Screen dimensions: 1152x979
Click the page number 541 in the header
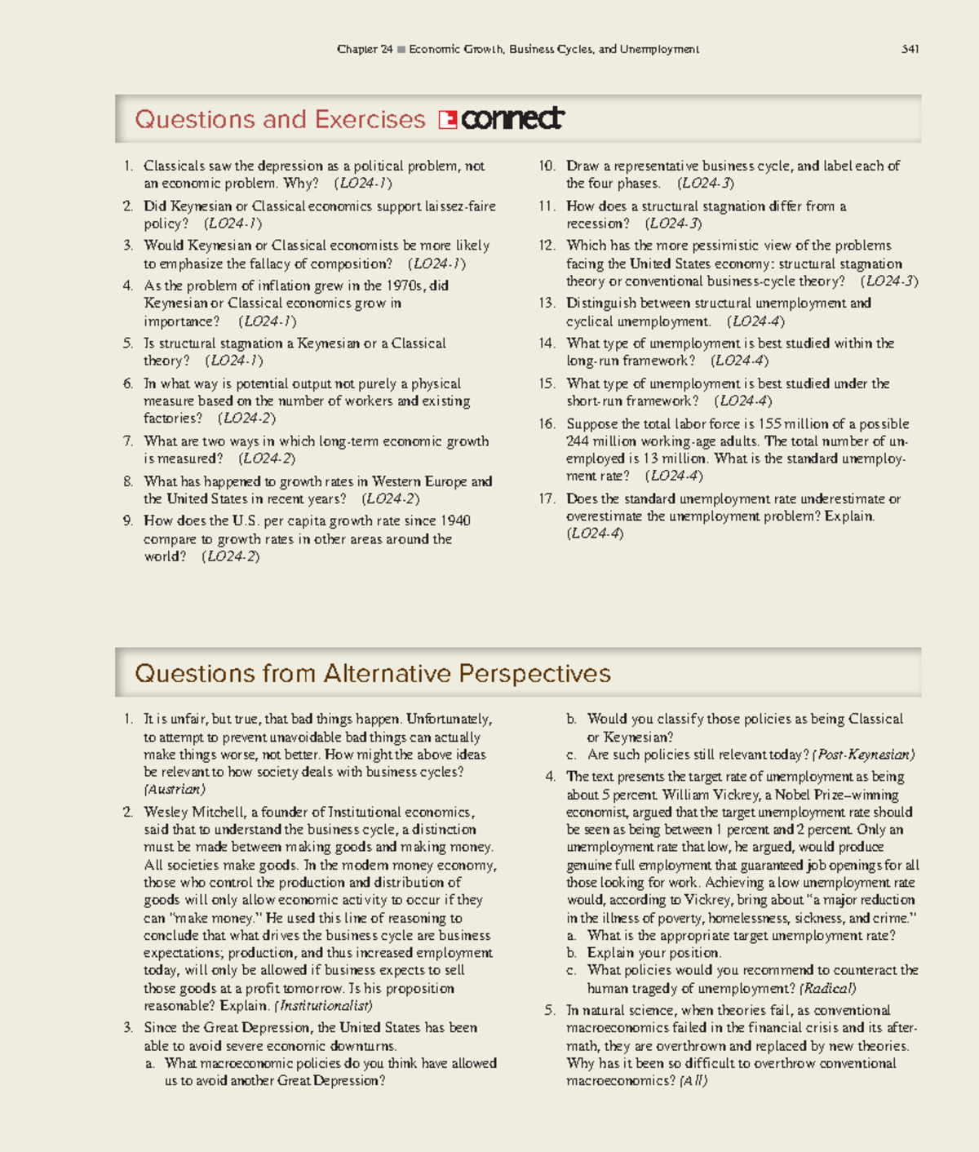click(x=910, y=49)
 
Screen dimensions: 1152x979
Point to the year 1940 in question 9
click(x=454, y=521)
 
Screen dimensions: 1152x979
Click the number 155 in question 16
click(x=769, y=423)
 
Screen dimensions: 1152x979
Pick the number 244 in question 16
click(x=578, y=441)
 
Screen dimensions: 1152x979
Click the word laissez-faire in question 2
click(x=460, y=206)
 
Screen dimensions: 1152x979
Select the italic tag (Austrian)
click(x=175, y=790)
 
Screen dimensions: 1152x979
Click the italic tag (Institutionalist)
click(x=323, y=1006)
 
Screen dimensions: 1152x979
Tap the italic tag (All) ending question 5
click(x=693, y=1081)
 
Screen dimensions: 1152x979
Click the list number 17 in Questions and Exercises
click(x=546, y=498)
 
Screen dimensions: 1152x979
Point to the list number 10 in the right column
click(x=546, y=166)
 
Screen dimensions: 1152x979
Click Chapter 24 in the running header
click(x=365, y=49)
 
